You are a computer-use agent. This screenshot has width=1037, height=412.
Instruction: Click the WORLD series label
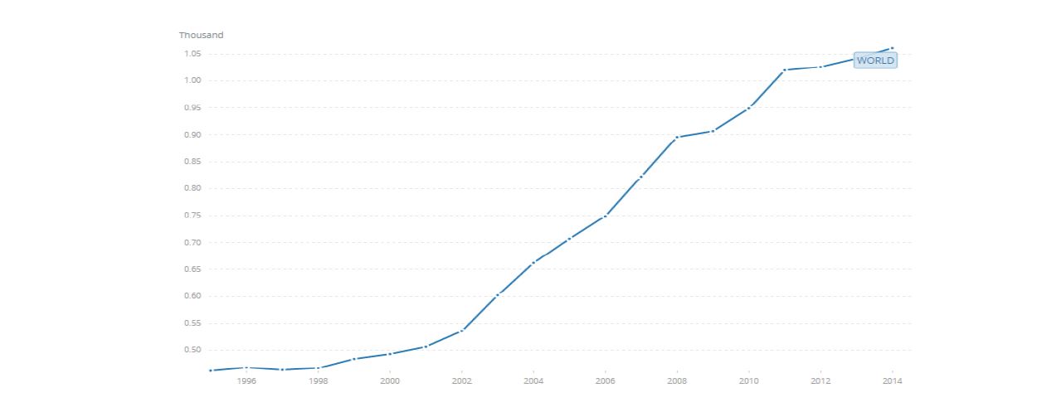click(x=875, y=61)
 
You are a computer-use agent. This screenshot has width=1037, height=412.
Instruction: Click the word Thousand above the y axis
click(x=201, y=35)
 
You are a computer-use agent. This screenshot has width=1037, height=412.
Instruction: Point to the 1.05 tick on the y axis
click(x=192, y=54)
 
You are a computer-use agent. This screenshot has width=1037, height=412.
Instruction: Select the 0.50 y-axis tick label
click(x=192, y=350)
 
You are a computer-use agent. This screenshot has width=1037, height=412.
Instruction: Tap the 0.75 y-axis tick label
click(x=192, y=216)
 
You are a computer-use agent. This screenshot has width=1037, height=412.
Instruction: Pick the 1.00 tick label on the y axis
click(x=192, y=80)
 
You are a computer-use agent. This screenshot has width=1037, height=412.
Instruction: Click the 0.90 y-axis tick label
click(x=192, y=134)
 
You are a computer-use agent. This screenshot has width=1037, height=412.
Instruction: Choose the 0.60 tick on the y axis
click(x=192, y=296)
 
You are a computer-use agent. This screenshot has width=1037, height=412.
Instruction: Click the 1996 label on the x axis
click(x=246, y=380)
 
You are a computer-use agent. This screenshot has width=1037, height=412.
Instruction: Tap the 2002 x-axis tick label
click(x=462, y=380)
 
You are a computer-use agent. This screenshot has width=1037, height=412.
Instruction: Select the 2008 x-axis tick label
click(x=677, y=380)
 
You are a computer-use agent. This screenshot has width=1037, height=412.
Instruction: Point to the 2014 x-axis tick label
click(x=892, y=380)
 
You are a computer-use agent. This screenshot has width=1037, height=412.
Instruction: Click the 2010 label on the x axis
click(x=748, y=380)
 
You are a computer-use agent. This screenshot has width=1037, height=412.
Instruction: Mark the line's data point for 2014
click(x=892, y=48)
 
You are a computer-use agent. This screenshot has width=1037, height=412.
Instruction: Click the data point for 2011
click(x=785, y=70)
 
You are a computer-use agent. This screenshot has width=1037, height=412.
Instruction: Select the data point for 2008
click(x=677, y=138)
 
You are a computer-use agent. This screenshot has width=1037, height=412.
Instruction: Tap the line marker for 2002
click(x=462, y=330)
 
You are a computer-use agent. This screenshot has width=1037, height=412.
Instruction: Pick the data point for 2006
click(x=606, y=216)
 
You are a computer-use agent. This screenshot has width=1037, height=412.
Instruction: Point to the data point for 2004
click(x=533, y=262)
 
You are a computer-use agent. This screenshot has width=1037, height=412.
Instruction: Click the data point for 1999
click(x=354, y=359)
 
